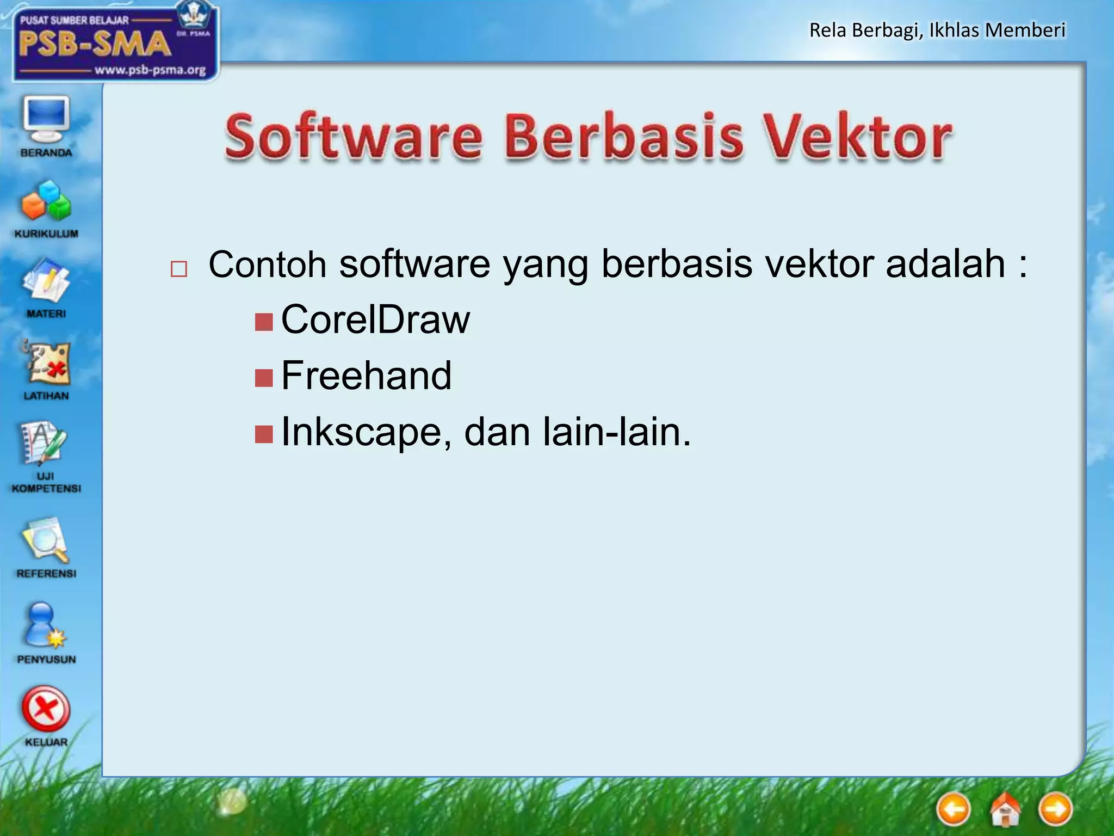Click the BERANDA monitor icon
[46, 119]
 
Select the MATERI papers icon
[46, 281]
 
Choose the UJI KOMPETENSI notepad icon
[44, 444]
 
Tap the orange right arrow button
[1055, 809]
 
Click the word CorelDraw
[375, 320]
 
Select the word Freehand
[366, 376]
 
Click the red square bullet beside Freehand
[264, 377]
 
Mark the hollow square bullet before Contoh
[179, 269]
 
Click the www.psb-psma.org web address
[150, 70]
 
